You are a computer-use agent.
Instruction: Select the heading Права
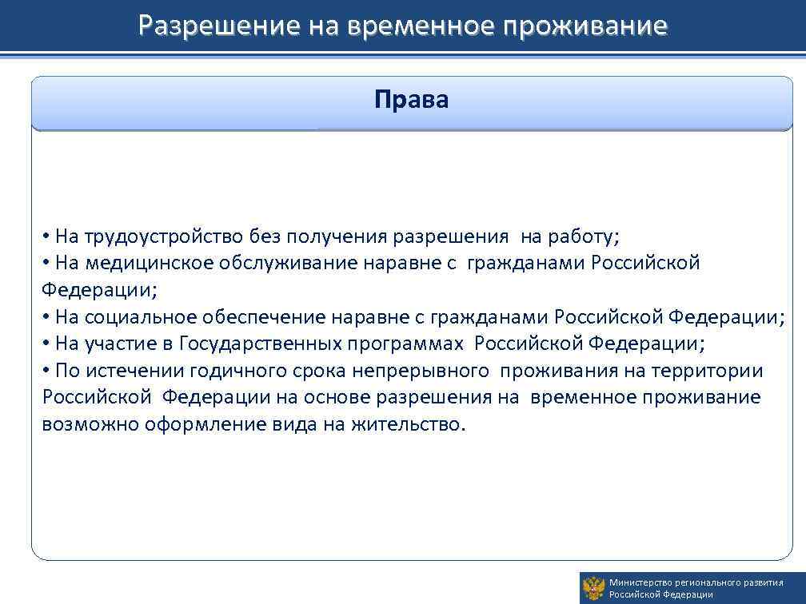pyautogui.click(x=412, y=100)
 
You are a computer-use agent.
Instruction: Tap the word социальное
pyautogui.click(x=141, y=317)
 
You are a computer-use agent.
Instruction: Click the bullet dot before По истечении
pyautogui.click(x=47, y=371)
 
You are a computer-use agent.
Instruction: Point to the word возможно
pyautogui.click(x=90, y=424)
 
